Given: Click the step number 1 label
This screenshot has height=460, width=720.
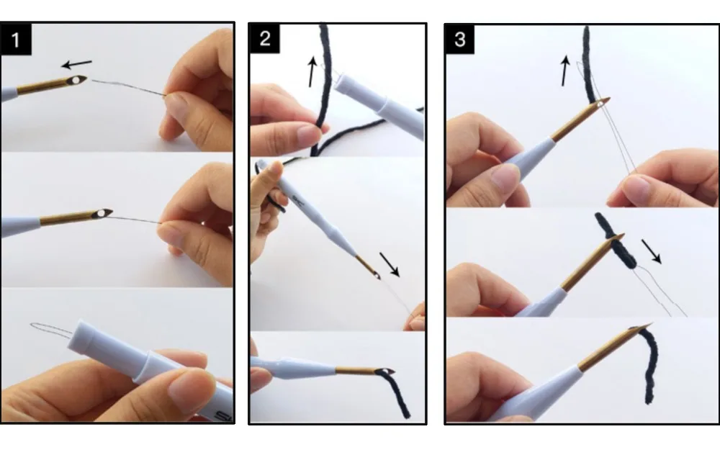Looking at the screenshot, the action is click(16, 40).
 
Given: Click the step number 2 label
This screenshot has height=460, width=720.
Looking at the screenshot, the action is click(265, 38).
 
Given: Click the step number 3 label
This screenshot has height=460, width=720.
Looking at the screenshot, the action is click(460, 39).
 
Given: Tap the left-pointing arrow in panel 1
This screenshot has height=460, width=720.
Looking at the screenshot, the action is click(77, 64).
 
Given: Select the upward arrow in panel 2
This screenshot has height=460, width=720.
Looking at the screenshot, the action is click(312, 71).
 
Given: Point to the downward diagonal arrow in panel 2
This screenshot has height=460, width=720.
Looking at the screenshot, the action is click(390, 264).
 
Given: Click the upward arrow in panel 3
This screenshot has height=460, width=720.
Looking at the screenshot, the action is click(564, 71).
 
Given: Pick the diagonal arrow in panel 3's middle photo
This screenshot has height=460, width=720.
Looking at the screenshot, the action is click(651, 251).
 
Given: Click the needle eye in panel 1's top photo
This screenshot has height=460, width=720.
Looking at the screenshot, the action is click(76, 81).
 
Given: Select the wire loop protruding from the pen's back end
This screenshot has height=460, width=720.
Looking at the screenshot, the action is click(50, 329).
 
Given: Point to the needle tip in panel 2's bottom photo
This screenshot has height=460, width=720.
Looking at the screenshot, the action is click(392, 371).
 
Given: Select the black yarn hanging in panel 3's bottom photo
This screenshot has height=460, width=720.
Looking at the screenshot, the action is click(649, 365).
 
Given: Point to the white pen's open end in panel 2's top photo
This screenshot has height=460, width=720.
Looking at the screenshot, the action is click(341, 83).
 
